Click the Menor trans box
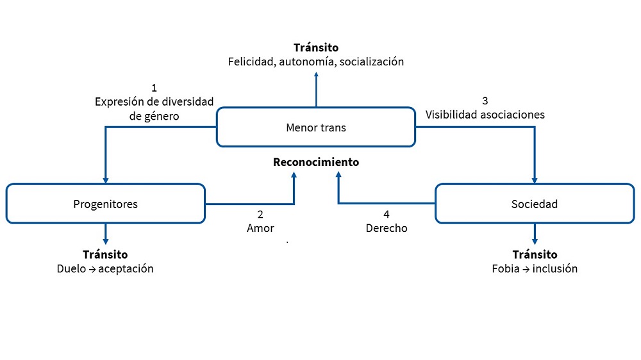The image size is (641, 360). click(315, 127)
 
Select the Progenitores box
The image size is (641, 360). click(105, 204)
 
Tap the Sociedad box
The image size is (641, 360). click(535, 204)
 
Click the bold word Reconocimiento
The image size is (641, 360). click(316, 162)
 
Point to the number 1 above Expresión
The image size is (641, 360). click(154, 87)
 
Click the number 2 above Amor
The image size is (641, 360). click(260, 214)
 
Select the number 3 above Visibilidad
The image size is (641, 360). click(485, 101)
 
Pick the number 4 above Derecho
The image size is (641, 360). click(386, 214)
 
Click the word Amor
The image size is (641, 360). click(260, 228)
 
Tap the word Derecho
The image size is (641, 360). click(387, 228)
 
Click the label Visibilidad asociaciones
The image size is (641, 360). click(485, 115)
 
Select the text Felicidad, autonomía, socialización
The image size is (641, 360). click(316, 62)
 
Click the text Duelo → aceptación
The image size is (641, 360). click(105, 268)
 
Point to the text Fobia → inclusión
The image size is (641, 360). click(535, 268)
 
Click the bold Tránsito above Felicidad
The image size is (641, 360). click(316, 47)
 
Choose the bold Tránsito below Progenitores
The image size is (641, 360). click(105, 254)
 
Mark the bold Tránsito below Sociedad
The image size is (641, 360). click(535, 254)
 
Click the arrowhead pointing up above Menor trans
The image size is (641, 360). click(316, 75)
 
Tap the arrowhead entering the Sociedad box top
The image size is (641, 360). click(535, 179)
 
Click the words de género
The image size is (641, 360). click(154, 115)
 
